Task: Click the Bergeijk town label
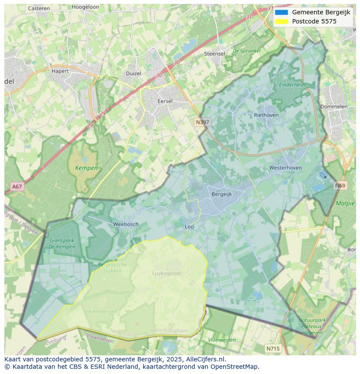(x=222, y=194)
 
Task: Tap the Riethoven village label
(x=266, y=115)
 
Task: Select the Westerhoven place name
(x=285, y=168)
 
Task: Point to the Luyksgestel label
(x=167, y=273)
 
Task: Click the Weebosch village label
(x=126, y=224)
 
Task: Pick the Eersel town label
(x=165, y=101)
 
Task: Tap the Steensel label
(x=214, y=54)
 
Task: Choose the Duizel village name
(x=133, y=73)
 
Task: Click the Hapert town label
(x=60, y=71)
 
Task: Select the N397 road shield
(x=202, y=122)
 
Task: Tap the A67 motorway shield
(x=17, y=187)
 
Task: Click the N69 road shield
(x=340, y=185)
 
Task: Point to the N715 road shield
(x=273, y=348)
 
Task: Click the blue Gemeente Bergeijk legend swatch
(x=281, y=12)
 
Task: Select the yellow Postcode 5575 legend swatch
(x=281, y=21)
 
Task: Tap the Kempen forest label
(x=86, y=168)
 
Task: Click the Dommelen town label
(x=334, y=106)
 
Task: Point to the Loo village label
(x=189, y=227)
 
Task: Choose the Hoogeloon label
(x=85, y=7)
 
